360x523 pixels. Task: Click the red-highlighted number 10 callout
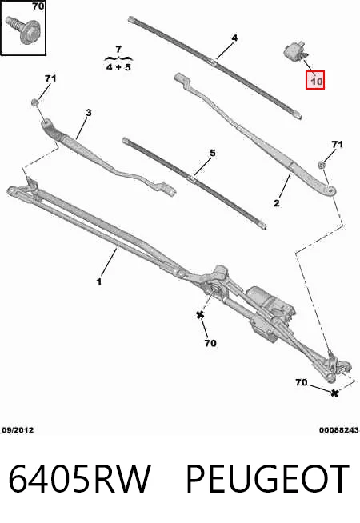[315, 81]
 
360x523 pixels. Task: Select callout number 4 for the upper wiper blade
[234, 38]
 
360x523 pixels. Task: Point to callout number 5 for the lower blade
[213, 153]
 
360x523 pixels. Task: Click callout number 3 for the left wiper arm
[88, 113]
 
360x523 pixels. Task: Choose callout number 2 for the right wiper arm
[277, 203]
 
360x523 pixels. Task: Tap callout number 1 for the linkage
[99, 281]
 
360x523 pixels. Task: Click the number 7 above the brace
[118, 50]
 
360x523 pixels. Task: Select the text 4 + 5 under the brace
[118, 67]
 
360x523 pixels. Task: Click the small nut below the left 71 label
[34, 102]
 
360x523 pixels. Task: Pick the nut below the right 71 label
[322, 165]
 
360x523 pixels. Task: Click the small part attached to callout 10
[296, 50]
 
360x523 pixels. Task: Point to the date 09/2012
[18, 430]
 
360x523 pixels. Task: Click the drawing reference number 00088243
[339, 430]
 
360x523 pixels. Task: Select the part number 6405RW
[79, 479]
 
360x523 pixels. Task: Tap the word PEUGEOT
[267, 479]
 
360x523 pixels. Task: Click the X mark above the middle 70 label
[200, 314]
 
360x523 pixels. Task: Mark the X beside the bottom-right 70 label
[334, 393]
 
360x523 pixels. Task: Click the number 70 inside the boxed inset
[38, 6]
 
